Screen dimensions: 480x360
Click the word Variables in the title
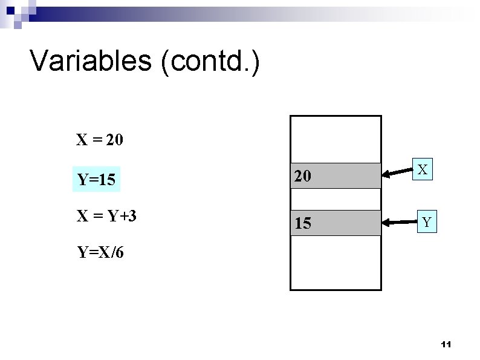pyautogui.click(x=90, y=61)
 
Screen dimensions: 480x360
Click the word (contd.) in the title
pyautogui.click(x=210, y=62)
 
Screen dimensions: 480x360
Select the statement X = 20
pyautogui.click(x=100, y=140)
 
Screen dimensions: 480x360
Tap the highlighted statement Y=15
pyautogui.click(x=96, y=180)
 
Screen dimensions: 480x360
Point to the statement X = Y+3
pyautogui.click(x=106, y=215)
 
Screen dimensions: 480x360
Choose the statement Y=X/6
pyautogui.click(x=100, y=252)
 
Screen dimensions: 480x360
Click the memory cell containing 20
pyautogui.click(x=336, y=175)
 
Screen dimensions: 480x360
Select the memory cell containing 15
pyautogui.click(x=336, y=223)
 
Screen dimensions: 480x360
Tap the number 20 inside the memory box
pyautogui.click(x=303, y=176)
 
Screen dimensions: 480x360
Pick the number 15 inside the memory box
pyautogui.click(x=303, y=224)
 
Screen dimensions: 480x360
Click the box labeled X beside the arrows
pyautogui.click(x=424, y=171)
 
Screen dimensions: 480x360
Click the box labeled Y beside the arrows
pyautogui.click(x=427, y=223)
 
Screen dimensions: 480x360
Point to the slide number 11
pyautogui.click(x=446, y=344)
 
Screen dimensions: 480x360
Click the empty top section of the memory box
pyautogui.click(x=336, y=139)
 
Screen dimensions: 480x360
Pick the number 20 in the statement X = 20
pyautogui.click(x=114, y=140)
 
